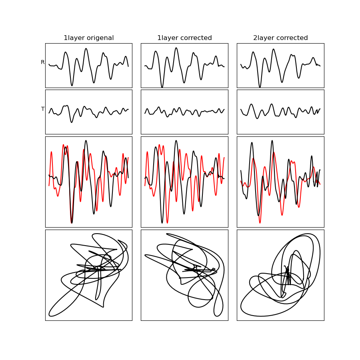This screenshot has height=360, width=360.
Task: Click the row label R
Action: pos(42,62)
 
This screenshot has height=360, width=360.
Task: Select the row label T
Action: pos(43,109)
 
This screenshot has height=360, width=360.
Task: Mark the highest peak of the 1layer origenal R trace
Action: pos(86,48)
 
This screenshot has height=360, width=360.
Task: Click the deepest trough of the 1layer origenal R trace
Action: pos(72,86)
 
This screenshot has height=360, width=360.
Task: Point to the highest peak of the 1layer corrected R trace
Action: pos(176,48)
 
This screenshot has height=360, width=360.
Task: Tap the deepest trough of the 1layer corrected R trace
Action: pos(162,87)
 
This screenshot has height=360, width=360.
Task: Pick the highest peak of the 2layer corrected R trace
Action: pos(273,49)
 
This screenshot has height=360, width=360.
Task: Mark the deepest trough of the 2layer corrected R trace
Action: pos(260,87)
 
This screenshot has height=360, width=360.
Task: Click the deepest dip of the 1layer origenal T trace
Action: pos(72,122)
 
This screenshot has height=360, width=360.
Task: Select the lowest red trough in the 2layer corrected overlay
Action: pos(260,223)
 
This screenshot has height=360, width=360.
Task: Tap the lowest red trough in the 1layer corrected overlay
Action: pos(167,223)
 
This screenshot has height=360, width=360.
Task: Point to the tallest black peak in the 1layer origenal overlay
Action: pos(86,140)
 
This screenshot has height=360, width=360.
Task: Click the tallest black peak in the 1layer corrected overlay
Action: pos(176,140)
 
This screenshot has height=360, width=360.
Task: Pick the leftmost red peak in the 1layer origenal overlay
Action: pos(52,152)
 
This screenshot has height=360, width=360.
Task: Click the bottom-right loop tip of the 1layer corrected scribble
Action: pos(218,316)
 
